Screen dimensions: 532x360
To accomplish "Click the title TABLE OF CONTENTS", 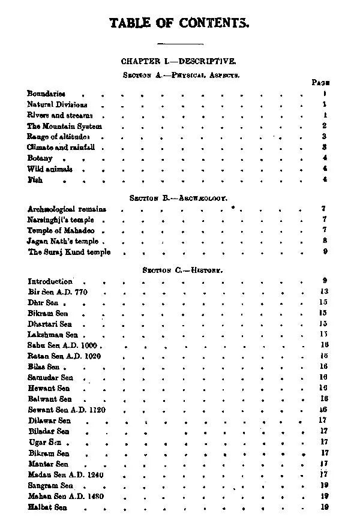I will [179, 23].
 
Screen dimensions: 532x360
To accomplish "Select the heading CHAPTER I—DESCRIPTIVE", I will [179, 61].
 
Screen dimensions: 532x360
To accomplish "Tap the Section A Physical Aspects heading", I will [181, 76].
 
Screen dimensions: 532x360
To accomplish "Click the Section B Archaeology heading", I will [178, 197].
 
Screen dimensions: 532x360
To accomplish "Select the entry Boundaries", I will [46, 94].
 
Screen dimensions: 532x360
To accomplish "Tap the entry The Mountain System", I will [65, 126].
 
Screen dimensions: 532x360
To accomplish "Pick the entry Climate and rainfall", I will [62, 148].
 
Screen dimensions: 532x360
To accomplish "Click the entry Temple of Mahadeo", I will [61, 230].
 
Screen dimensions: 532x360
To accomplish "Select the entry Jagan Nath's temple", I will [63, 241].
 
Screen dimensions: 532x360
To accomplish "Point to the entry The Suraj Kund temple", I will [69, 252].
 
